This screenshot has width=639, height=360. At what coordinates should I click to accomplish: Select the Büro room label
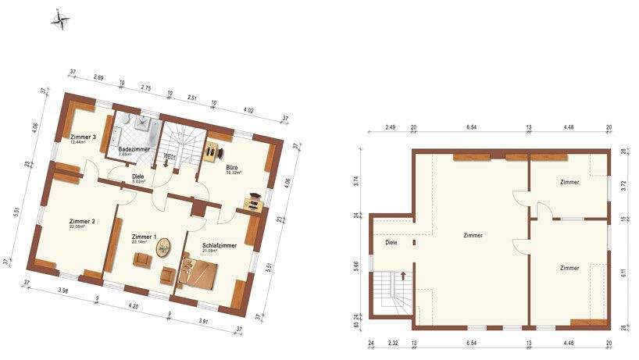click(232, 167)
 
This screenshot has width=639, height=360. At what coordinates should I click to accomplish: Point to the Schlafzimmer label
click(220, 245)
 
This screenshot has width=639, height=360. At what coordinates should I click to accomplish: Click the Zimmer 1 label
click(145, 237)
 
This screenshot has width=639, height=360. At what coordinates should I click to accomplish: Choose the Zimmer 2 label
click(81, 222)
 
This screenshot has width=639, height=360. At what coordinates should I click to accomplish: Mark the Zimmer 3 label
click(82, 137)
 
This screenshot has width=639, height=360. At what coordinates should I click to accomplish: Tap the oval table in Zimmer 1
click(163, 250)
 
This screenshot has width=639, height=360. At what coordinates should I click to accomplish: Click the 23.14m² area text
click(141, 242)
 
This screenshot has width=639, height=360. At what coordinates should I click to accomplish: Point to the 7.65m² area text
click(126, 155)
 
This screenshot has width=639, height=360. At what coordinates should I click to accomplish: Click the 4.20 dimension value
click(133, 307)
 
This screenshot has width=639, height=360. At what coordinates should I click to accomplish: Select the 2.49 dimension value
click(390, 127)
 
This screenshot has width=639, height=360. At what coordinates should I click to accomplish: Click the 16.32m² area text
click(234, 173)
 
